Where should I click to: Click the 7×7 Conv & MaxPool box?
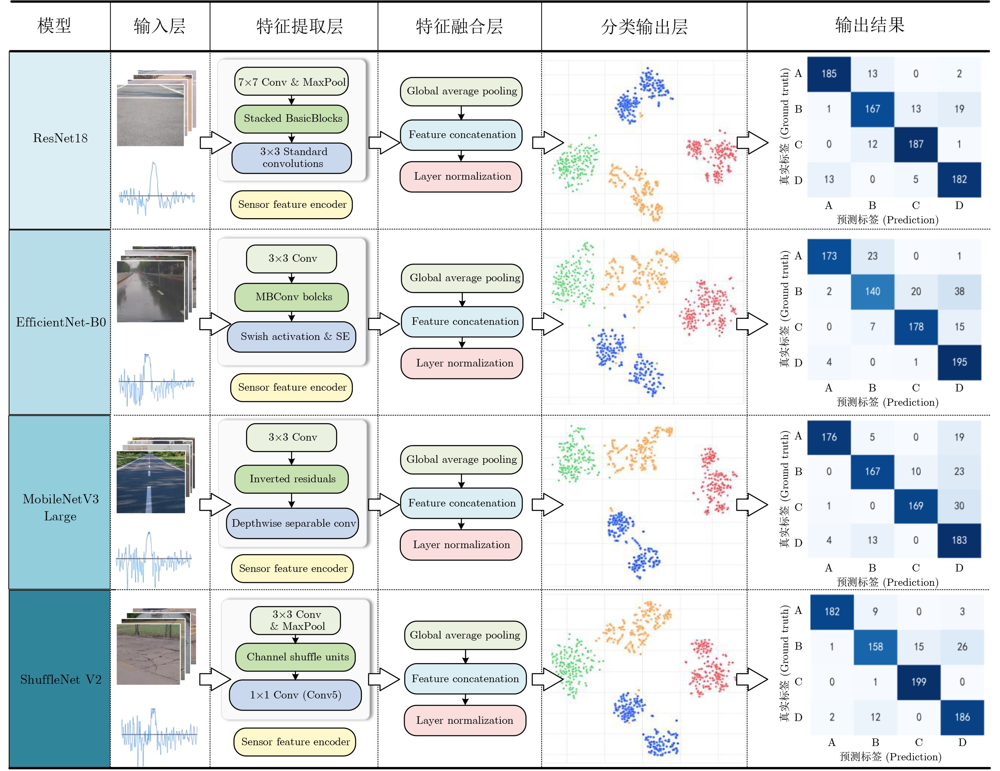(x=291, y=82)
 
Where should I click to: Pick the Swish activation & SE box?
(x=292, y=337)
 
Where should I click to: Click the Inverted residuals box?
(x=292, y=479)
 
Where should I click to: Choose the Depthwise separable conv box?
(x=292, y=523)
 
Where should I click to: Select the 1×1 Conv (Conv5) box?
(x=295, y=695)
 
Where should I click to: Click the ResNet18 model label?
(x=60, y=138)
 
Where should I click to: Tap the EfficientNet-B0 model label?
(x=60, y=322)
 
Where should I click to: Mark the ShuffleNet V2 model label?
(x=60, y=679)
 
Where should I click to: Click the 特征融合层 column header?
(x=459, y=27)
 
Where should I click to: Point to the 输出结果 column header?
(x=869, y=25)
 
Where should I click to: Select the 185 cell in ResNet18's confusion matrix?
(x=829, y=74)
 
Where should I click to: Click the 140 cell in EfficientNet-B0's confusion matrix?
(x=872, y=292)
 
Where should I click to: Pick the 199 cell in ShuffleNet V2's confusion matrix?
(x=919, y=682)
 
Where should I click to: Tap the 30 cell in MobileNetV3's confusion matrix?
(x=959, y=506)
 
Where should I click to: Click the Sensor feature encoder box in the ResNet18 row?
(x=292, y=205)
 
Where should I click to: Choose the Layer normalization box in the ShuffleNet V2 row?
(x=465, y=720)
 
